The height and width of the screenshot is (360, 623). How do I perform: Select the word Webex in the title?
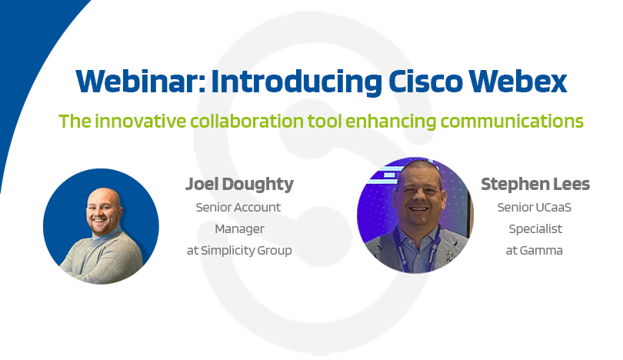tap(518, 82)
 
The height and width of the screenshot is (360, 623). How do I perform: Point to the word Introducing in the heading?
tap(296, 82)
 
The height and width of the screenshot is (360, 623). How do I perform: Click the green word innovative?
tap(140, 122)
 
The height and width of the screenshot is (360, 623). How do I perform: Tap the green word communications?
tap(512, 122)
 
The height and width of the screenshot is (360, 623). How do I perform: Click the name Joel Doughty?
tap(239, 185)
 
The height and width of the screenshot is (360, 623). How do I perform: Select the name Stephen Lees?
tap(535, 184)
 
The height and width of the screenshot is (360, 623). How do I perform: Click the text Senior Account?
tap(238, 208)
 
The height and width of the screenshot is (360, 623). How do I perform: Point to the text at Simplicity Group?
tap(239, 251)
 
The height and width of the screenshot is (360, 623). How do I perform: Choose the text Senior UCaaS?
tap(535, 208)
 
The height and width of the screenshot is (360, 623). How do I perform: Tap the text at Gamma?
tap(534, 251)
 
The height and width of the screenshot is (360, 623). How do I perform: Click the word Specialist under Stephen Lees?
tap(535, 229)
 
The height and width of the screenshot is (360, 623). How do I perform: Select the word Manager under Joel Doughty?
tap(239, 229)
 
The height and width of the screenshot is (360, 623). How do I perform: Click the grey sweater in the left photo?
tap(102, 258)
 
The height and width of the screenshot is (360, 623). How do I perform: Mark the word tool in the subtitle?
tap(325, 122)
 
